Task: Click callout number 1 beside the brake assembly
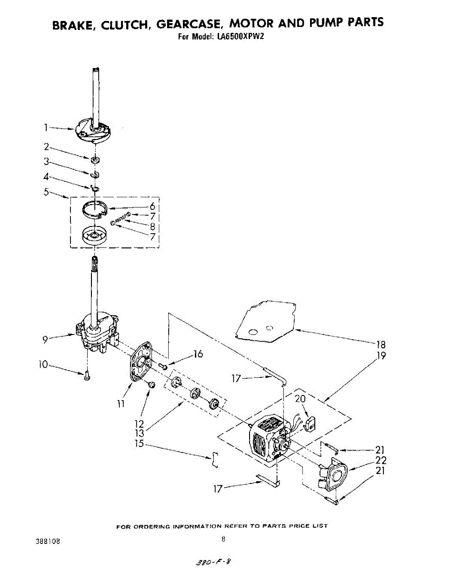[46, 127]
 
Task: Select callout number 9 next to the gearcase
[45, 339]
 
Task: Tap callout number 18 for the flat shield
[381, 345]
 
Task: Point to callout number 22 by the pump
[381, 460]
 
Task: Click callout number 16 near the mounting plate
[198, 354]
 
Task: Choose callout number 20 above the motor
[300, 399]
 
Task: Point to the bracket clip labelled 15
[215, 460]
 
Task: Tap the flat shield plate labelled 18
[267, 321]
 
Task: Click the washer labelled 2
[96, 159]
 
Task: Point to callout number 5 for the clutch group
[46, 192]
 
